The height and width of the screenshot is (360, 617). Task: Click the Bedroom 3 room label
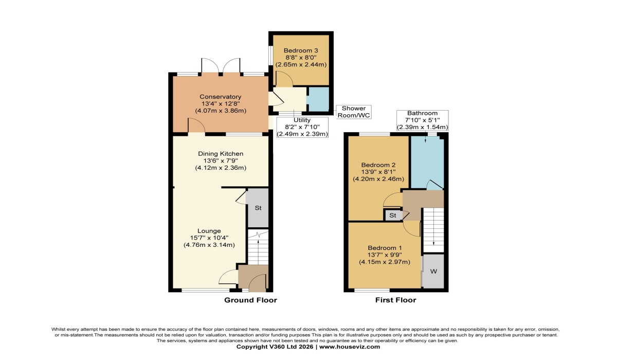pyautogui.click(x=301, y=50)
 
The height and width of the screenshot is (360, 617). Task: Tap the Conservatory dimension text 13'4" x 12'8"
pyautogui.click(x=221, y=104)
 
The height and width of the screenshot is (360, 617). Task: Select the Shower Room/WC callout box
pyautogui.click(x=354, y=112)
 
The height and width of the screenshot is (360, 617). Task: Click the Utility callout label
pyautogui.click(x=302, y=120)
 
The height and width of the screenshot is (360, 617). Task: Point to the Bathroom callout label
pyautogui.click(x=422, y=113)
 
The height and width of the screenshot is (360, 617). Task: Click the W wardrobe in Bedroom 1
pyautogui.click(x=433, y=272)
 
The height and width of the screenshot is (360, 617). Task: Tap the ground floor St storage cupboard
pyautogui.click(x=258, y=208)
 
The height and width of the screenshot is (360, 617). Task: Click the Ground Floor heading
pyautogui.click(x=250, y=300)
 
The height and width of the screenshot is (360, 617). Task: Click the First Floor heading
pyautogui.click(x=395, y=300)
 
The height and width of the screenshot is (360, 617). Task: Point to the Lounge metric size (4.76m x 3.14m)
pyautogui.click(x=209, y=245)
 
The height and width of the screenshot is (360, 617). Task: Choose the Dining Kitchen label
pyautogui.click(x=221, y=154)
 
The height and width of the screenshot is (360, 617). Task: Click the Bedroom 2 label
pyautogui.click(x=378, y=165)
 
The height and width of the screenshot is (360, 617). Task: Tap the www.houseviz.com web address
pyautogui.click(x=350, y=347)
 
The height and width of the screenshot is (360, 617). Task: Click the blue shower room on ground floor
pyautogui.click(x=318, y=99)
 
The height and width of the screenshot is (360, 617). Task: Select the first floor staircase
pyautogui.click(x=433, y=230)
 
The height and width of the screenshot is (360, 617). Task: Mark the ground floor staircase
pyautogui.click(x=258, y=247)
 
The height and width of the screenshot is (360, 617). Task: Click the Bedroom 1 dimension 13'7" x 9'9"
pyautogui.click(x=385, y=255)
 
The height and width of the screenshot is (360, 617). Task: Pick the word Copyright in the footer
pyautogui.click(x=252, y=347)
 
